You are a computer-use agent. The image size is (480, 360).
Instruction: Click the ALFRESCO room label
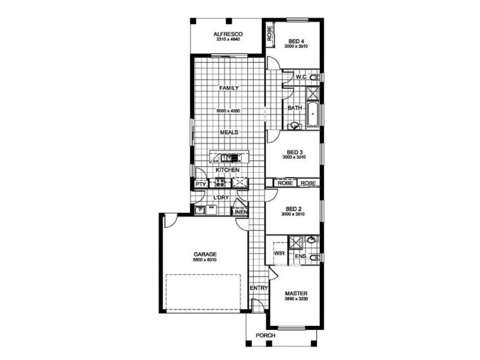click(x=227, y=35)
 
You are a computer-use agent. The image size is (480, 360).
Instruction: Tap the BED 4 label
click(x=295, y=41)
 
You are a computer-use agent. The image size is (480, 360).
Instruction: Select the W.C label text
click(x=301, y=77)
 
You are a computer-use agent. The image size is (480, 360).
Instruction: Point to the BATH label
click(x=295, y=108)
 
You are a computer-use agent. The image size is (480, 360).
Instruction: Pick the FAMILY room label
click(x=229, y=88)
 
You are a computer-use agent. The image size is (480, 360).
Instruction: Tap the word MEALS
click(x=229, y=132)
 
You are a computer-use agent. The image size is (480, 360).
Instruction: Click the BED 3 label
click(x=295, y=151)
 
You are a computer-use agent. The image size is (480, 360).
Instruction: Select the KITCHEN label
click(x=229, y=170)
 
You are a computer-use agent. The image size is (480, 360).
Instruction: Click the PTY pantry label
click(x=200, y=184)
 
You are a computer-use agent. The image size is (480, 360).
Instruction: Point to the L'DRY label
click(x=220, y=197)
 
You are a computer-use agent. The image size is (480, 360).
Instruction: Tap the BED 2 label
click(x=295, y=209)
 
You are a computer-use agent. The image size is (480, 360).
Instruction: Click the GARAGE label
click(x=205, y=254)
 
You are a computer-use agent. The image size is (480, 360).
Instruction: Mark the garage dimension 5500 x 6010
click(x=205, y=260)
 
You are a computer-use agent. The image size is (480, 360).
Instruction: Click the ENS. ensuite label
click(x=302, y=257)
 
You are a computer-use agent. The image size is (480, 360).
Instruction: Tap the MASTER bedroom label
click(x=297, y=293)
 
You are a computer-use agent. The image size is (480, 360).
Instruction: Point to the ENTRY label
click(x=259, y=288)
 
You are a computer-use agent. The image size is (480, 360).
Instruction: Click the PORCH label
click(x=265, y=335)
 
